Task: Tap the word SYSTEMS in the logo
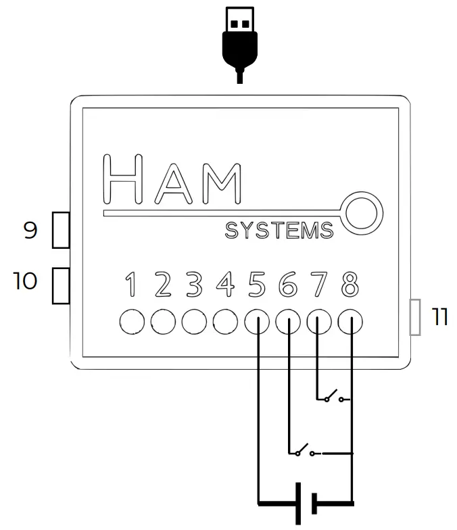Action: (279, 231)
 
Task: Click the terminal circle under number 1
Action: (133, 322)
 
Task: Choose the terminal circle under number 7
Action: (319, 322)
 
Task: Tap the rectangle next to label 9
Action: (62, 230)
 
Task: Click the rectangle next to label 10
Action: (62, 285)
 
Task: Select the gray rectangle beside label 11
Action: (416, 318)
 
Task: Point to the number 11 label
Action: (440, 317)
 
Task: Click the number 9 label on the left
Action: (30, 231)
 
